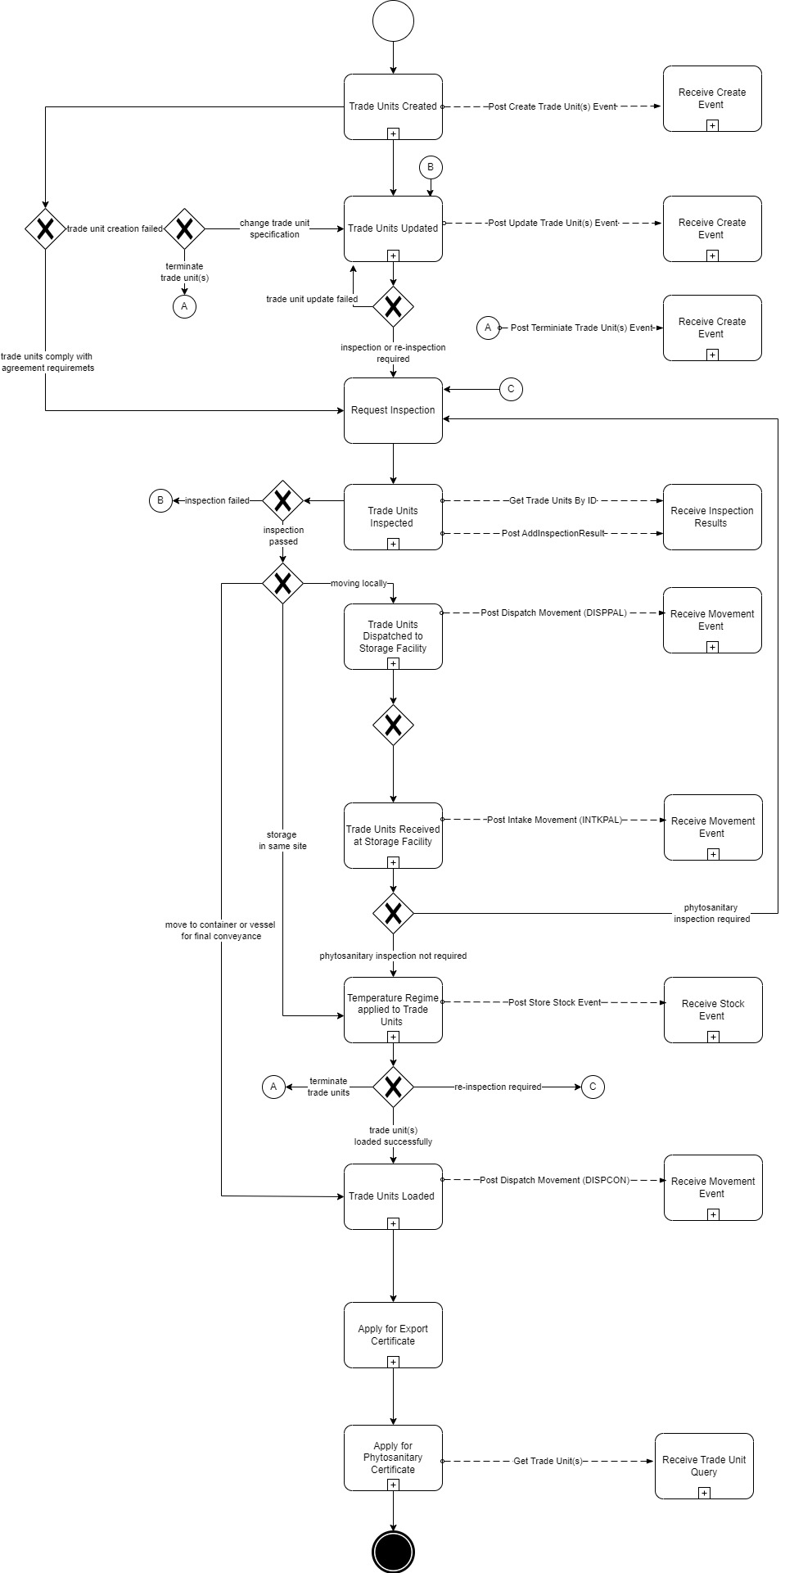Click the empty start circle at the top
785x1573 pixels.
pos(393,21)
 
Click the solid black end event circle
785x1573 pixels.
pos(393,1551)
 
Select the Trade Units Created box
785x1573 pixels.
pos(393,106)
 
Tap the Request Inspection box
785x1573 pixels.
pos(393,410)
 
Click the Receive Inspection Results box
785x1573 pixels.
pos(712,517)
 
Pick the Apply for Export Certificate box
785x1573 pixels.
pos(393,1335)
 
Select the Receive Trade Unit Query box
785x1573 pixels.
pos(704,1466)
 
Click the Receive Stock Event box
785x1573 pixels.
pos(712,1010)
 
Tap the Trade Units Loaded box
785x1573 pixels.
pos(393,1196)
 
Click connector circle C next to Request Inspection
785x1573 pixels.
pos(511,389)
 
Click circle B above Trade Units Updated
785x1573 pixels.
pos(431,168)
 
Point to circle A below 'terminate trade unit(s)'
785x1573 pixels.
pos(184,306)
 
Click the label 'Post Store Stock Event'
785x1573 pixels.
pos(555,1002)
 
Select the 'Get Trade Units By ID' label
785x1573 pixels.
pos(553,500)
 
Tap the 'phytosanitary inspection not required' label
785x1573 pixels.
pos(393,956)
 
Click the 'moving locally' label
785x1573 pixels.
pos(359,584)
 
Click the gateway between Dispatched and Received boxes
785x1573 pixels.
pos(393,725)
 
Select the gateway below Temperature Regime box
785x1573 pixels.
pos(393,1087)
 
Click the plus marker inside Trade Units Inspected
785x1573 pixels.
pos(393,544)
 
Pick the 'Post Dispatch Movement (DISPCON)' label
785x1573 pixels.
pos(555,1180)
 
